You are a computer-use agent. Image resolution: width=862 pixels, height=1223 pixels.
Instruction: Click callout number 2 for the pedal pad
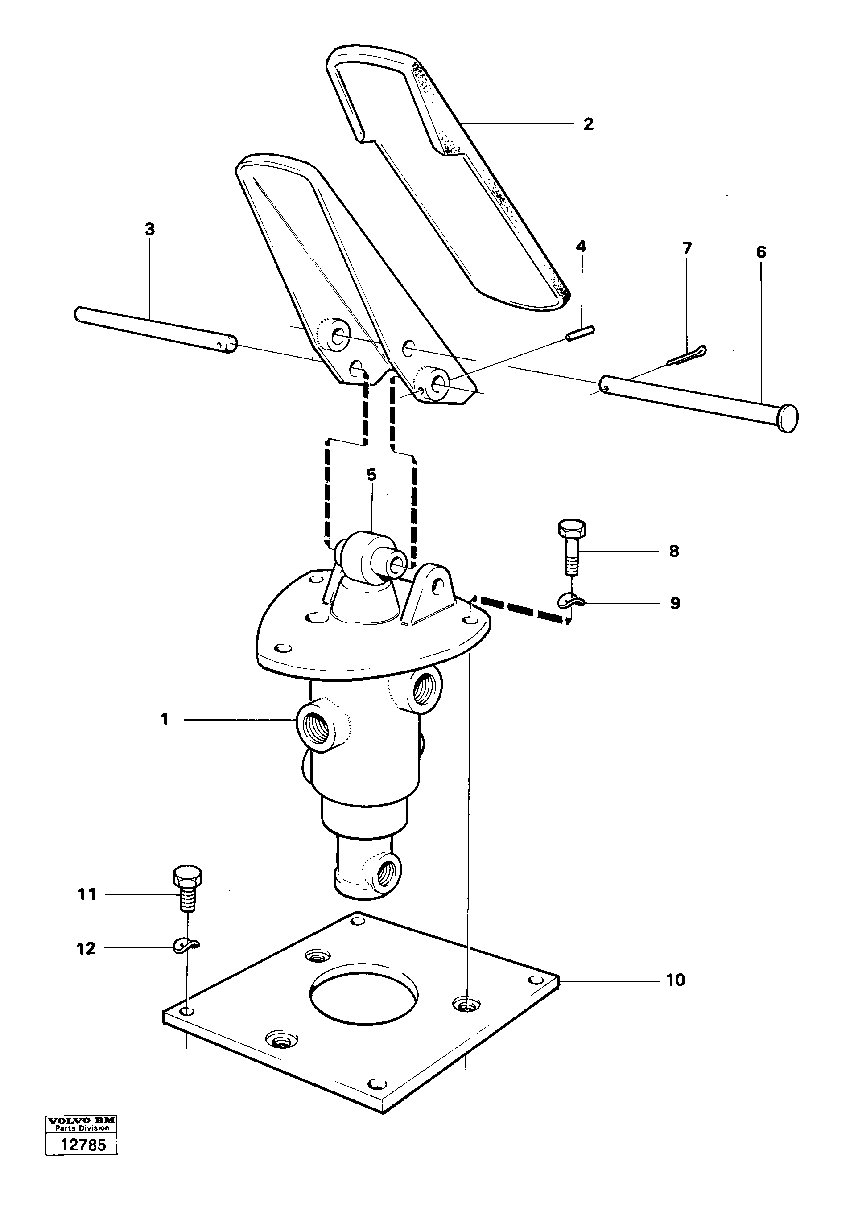click(x=588, y=124)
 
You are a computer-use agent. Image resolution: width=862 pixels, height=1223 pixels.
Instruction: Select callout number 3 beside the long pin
click(x=150, y=230)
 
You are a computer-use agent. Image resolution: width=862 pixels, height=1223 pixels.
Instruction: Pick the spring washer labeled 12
click(x=186, y=946)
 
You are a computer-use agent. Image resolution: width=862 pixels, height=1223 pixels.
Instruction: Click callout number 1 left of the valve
click(x=165, y=720)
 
